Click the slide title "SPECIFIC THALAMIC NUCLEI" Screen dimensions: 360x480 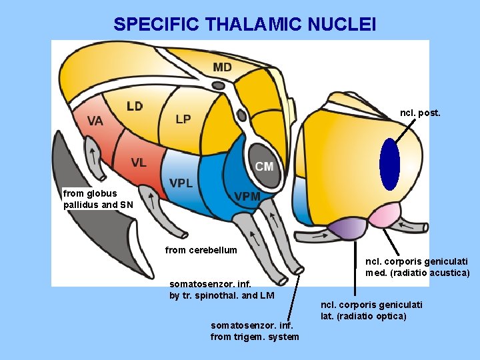(245, 25)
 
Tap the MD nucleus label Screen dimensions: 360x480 (223, 67)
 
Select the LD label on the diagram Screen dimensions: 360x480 (135, 106)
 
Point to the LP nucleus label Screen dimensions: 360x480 (183, 119)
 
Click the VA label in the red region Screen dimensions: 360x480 (95, 121)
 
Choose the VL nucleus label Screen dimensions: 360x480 (139, 162)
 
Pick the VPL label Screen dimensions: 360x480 (181, 183)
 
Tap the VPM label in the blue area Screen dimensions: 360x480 (247, 196)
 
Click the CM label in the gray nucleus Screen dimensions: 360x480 (264, 166)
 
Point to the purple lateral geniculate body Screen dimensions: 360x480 (341, 229)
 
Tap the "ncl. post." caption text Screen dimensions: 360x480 (420, 113)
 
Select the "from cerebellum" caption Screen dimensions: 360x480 (201, 250)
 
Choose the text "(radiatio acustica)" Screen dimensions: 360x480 (417, 273)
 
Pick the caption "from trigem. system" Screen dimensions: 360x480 (255, 336)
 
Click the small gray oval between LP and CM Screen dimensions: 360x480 (242, 115)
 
